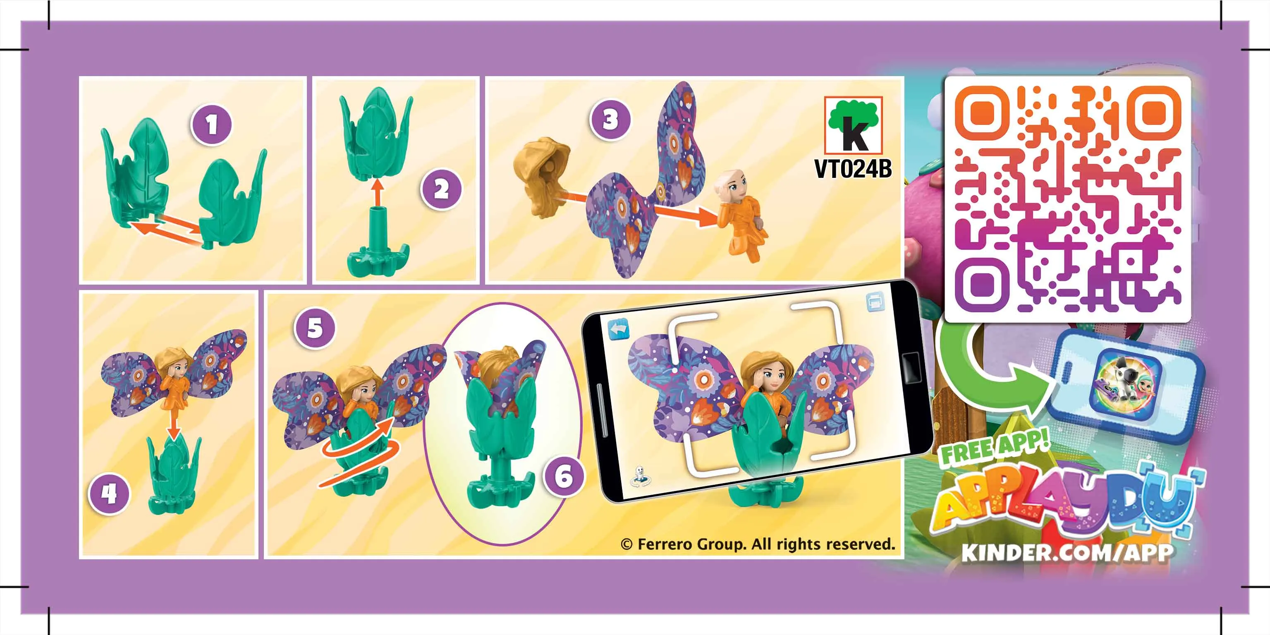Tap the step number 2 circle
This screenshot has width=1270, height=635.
click(x=441, y=190)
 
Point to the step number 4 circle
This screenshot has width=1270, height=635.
click(x=109, y=494)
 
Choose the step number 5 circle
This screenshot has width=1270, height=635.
click(x=315, y=328)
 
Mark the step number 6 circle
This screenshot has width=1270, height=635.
click(x=564, y=476)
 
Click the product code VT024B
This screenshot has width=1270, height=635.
click(x=853, y=169)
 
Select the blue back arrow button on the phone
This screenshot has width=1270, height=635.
click(x=618, y=329)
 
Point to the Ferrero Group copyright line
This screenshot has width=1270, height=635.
click(x=758, y=544)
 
